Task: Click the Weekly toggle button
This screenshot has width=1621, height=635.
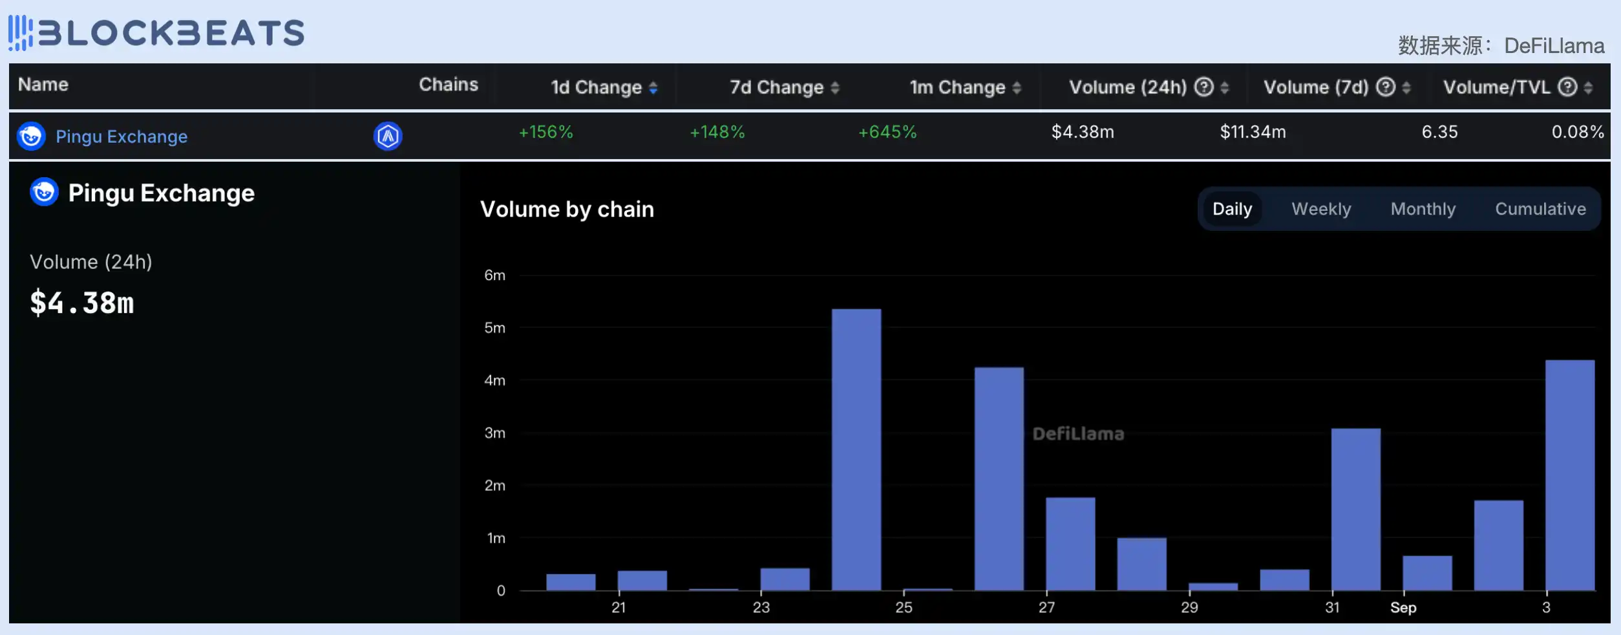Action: [x=1320, y=209]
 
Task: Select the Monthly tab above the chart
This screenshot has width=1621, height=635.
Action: [x=1423, y=209]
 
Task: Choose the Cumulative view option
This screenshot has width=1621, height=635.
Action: [x=1540, y=209]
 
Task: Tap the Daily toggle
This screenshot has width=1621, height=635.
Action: [x=1232, y=209]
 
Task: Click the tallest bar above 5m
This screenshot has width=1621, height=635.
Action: [x=856, y=449]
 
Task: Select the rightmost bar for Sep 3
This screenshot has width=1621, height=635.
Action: [x=1569, y=475]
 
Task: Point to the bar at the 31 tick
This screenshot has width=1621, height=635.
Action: [x=1355, y=509]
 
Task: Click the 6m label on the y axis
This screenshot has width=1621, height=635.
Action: [x=494, y=275]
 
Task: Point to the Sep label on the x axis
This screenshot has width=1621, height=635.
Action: [x=1403, y=608]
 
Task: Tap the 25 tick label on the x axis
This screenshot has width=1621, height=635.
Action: [x=904, y=608]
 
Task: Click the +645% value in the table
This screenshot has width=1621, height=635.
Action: [x=887, y=133]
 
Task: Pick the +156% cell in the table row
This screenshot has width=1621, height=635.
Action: [x=546, y=133]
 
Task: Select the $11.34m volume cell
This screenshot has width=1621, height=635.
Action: [x=1253, y=133]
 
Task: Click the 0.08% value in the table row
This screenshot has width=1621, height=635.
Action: [x=1577, y=133]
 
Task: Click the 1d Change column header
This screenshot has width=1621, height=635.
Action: [x=596, y=87]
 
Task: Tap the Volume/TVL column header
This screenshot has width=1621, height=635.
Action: [x=1496, y=87]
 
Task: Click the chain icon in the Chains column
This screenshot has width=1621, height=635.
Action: [x=388, y=136]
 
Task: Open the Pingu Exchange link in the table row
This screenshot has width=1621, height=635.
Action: [x=122, y=137]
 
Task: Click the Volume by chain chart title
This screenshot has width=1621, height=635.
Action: [x=567, y=210]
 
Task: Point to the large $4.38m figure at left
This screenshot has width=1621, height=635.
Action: [x=82, y=303]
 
